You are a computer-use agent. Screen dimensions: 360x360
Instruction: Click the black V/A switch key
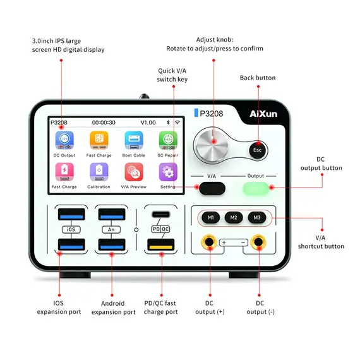click(x=212, y=188)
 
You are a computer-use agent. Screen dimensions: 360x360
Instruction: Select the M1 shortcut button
click(x=212, y=218)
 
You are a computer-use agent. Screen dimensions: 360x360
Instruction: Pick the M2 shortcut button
click(x=234, y=218)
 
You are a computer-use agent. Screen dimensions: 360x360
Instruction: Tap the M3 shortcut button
click(x=256, y=218)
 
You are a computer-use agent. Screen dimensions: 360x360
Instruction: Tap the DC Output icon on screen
click(x=64, y=140)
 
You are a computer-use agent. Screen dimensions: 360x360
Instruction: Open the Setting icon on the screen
click(x=168, y=172)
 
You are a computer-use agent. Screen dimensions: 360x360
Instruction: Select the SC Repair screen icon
click(x=168, y=140)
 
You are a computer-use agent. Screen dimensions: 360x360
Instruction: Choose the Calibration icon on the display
click(x=99, y=172)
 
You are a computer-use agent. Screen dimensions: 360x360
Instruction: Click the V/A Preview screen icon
click(x=133, y=172)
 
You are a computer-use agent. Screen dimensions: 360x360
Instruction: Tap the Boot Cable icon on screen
click(x=133, y=140)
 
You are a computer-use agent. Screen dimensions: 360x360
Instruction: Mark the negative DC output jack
click(x=257, y=242)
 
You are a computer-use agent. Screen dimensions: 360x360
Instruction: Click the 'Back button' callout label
click(x=257, y=78)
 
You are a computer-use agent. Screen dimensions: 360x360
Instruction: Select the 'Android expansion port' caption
click(x=113, y=308)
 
